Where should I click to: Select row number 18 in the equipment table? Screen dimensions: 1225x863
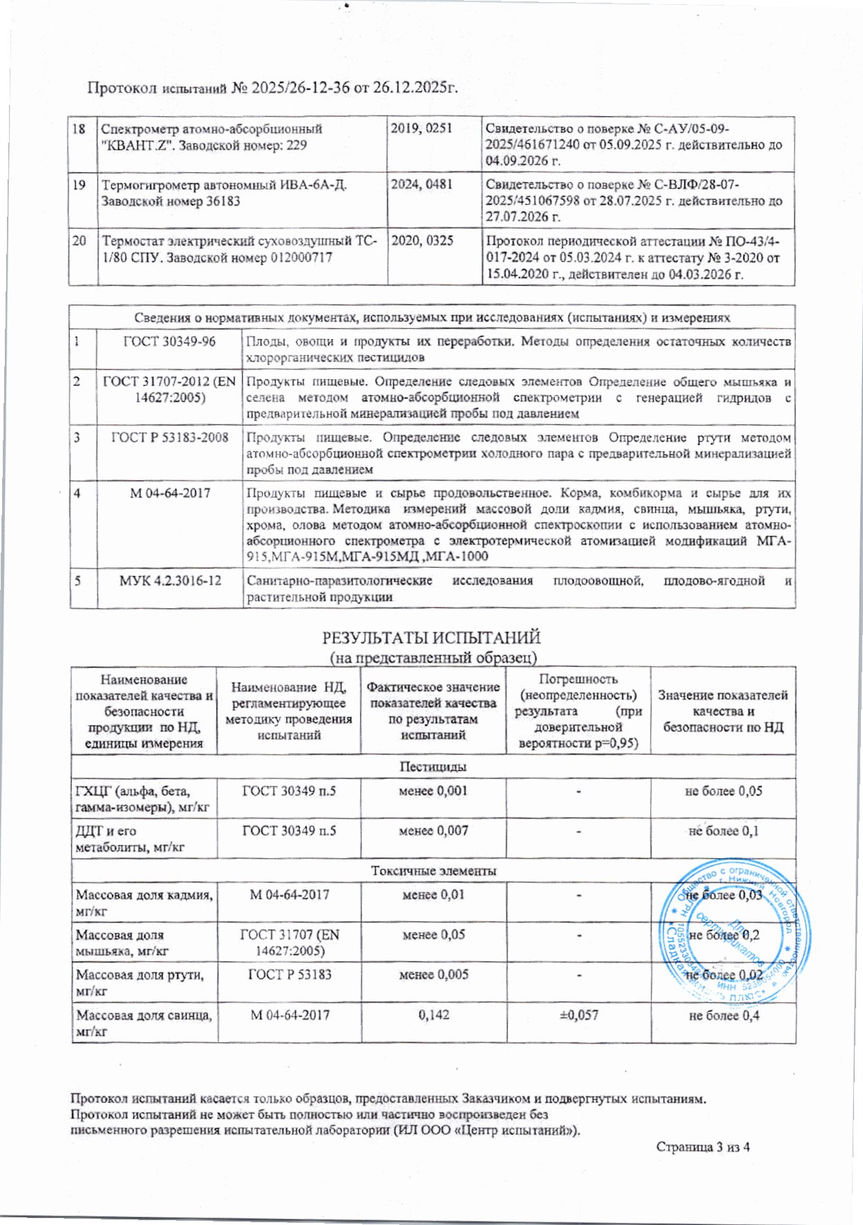click(x=80, y=129)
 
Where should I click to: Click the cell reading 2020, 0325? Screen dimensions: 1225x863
click(x=422, y=241)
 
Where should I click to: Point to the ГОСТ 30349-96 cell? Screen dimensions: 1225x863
click(x=169, y=341)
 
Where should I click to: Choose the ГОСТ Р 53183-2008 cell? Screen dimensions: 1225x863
click(x=170, y=438)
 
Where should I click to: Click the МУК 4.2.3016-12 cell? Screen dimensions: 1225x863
click(x=170, y=580)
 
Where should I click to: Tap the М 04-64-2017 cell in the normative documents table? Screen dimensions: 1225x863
click(x=170, y=494)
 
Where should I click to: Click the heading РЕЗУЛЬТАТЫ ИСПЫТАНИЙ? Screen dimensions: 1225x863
click(x=432, y=637)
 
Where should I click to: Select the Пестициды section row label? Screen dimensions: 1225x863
click(x=433, y=767)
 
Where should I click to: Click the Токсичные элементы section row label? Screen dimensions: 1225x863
click(x=433, y=870)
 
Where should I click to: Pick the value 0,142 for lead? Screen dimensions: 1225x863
click(x=433, y=1015)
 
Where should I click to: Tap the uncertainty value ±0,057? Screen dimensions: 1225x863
click(x=579, y=1015)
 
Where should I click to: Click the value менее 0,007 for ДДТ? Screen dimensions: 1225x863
click(x=433, y=830)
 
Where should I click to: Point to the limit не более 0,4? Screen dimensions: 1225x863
click(x=723, y=1016)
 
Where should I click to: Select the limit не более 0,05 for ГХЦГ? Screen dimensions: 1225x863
click(x=723, y=791)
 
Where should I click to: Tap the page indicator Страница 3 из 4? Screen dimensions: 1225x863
click(x=702, y=1147)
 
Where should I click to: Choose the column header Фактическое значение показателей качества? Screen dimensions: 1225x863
click(x=433, y=710)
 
